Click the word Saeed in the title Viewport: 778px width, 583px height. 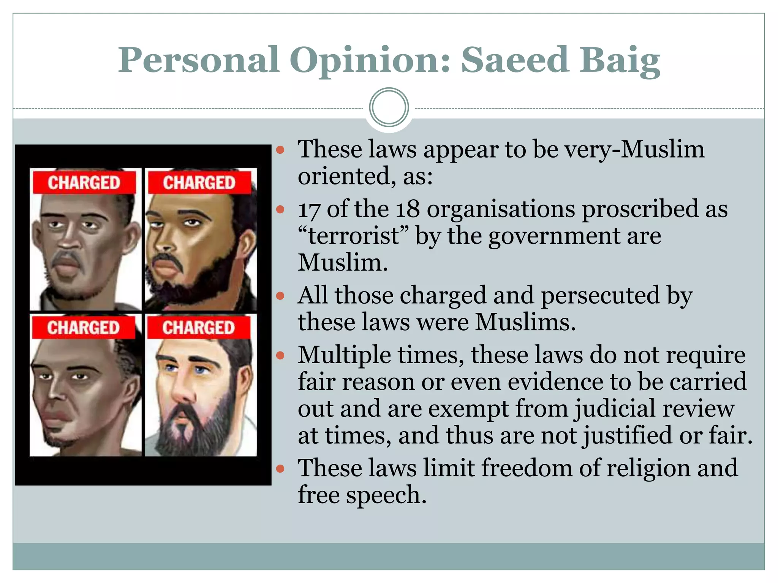point(515,60)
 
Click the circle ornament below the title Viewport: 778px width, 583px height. point(389,107)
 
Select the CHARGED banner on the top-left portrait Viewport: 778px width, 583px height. point(84,183)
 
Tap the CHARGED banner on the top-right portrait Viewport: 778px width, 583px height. point(199,183)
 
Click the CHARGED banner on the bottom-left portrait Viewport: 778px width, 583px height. point(83,328)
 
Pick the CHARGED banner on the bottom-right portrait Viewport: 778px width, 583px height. point(198,328)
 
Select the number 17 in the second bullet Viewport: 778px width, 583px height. point(308,210)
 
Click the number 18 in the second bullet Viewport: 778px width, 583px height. point(408,210)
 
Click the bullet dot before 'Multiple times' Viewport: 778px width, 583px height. point(280,356)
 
